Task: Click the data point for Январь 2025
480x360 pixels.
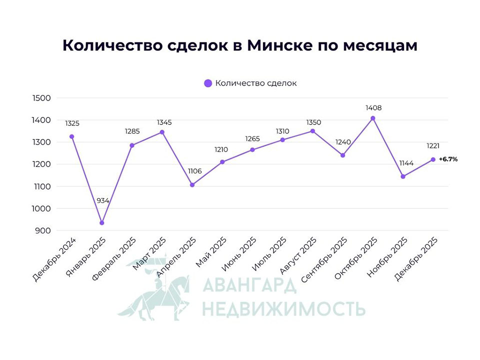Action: tap(102, 223)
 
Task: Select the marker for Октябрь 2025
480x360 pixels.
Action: tap(373, 118)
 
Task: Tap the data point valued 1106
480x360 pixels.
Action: tap(192, 185)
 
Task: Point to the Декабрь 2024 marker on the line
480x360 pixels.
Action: tap(72, 136)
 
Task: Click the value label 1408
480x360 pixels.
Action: tap(373, 107)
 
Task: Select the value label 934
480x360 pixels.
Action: tap(102, 200)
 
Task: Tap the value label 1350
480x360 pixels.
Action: tap(312, 122)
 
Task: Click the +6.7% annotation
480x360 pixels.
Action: tap(448, 159)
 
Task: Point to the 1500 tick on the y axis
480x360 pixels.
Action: tap(40, 98)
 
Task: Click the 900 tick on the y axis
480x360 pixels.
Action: tap(42, 230)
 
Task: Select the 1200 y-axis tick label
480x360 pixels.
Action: tap(40, 164)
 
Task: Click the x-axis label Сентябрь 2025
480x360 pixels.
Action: tap(327, 258)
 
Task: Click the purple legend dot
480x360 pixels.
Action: tap(208, 83)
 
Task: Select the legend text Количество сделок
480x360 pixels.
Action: tap(256, 83)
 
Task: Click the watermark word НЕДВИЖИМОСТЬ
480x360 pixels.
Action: tap(283, 308)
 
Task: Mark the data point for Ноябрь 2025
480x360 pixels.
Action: tap(403, 176)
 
